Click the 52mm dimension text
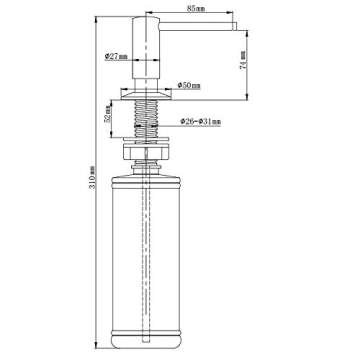(108, 116)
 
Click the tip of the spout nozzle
(237, 30)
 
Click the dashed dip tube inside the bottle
(145, 250)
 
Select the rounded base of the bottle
(145, 340)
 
